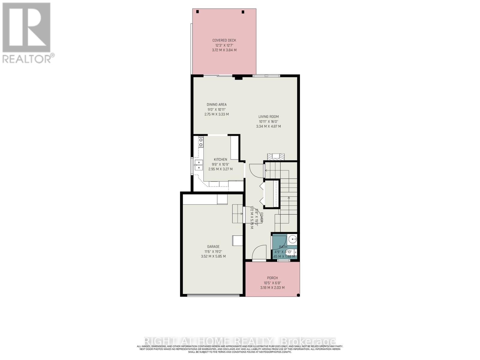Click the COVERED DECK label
click(224, 40)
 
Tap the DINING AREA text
click(217, 104)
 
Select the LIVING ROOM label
click(268, 117)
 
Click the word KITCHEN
click(220, 159)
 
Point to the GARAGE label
click(213, 247)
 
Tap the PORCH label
click(272, 278)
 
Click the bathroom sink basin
click(292, 239)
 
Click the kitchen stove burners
click(200, 142)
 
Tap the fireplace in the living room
click(276, 156)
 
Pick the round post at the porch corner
click(298, 295)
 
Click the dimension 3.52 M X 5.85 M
click(213, 256)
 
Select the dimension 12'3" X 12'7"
click(224, 45)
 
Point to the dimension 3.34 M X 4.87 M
click(268, 126)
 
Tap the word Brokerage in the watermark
click(307, 341)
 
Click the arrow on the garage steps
click(241, 214)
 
